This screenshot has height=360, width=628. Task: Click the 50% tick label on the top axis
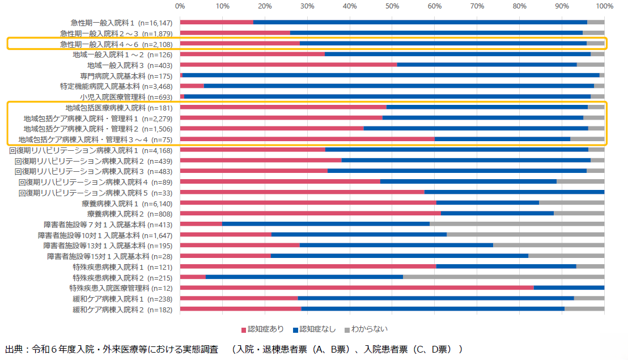[x=392, y=6]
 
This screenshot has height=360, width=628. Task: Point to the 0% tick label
[x=180, y=6]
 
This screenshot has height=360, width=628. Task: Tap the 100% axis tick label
[x=605, y=6]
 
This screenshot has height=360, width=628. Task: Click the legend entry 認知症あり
[x=262, y=329]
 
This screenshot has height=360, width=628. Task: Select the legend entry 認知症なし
[x=315, y=329]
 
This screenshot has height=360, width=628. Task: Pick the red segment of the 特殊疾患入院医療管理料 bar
[x=357, y=288]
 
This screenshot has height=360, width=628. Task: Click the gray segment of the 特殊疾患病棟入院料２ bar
[x=503, y=278]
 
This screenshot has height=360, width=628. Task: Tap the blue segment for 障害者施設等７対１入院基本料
[x=326, y=225]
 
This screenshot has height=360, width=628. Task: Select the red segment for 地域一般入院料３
[x=288, y=65]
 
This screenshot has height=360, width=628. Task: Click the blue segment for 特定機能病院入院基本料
[x=398, y=86]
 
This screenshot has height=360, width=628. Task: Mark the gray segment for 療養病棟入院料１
[x=571, y=203]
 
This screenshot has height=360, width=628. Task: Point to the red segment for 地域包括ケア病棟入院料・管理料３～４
[x=307, y=139]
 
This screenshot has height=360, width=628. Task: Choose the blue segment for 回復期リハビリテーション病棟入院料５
[x=514, y=192]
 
